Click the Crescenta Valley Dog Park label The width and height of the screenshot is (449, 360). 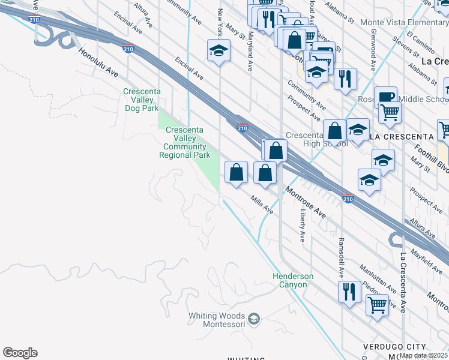click(141, 100)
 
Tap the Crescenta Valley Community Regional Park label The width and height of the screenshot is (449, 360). click(185, 142)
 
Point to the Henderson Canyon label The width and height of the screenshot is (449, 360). click(293, 280)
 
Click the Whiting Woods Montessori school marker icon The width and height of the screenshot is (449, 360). click(254, 318)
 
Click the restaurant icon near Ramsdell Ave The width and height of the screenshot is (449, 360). click(349, 292)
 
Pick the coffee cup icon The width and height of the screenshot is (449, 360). click(385, 96)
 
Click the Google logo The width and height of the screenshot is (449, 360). click(20, 353)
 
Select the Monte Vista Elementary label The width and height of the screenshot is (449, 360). click(405, 22)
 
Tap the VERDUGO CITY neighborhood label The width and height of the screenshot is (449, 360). click(393, 347)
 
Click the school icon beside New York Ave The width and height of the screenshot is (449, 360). click(219, 51)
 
